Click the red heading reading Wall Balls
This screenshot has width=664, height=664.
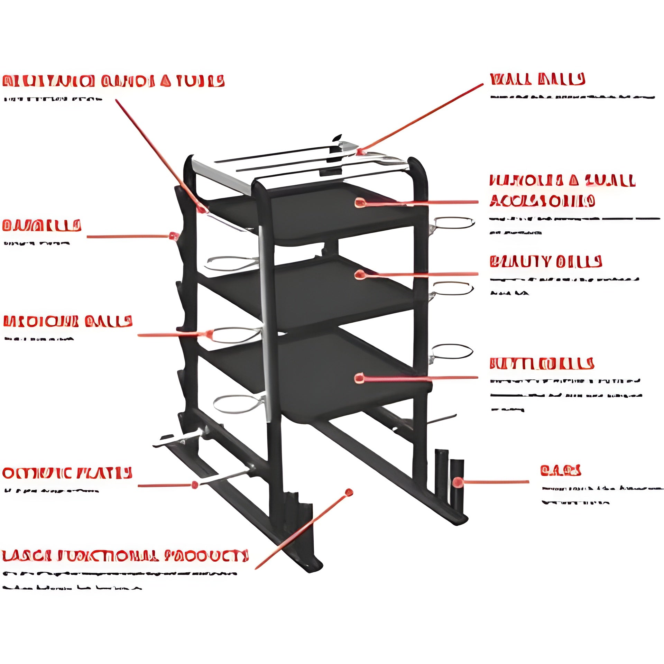tap(537, 79)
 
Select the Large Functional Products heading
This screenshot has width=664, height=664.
tap(125, 556)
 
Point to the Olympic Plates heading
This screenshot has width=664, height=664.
tap(67, 473)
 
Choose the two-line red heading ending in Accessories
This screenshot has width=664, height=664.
tap(562, 191)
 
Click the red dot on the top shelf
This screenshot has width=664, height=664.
tap(360, 203)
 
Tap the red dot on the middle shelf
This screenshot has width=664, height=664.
tap(360, 275)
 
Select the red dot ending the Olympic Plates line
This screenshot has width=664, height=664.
tap(195, 485)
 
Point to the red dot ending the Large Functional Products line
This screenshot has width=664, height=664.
tap(349, 492)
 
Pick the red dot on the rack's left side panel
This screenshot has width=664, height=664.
tap(173, 236)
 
